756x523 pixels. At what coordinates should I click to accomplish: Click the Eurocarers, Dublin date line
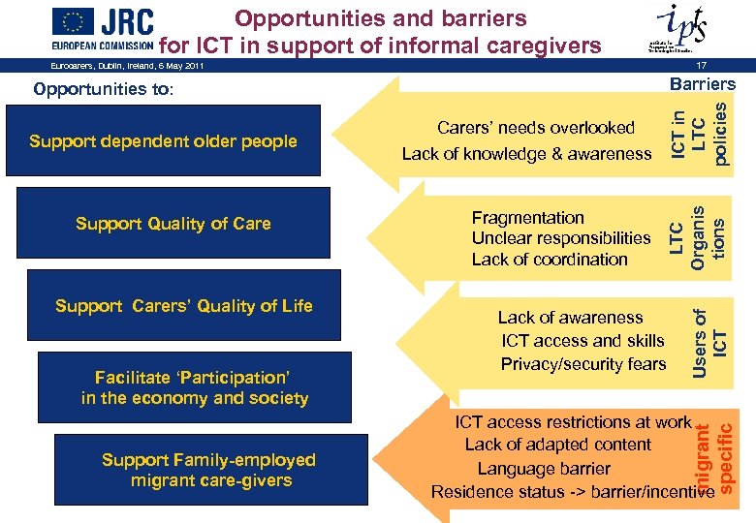pyautogui.click(x=127, y=66)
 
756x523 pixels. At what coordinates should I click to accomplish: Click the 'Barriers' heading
pyautogui.click(x=703, y=84)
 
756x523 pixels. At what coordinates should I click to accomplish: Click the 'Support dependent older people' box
pyautogui.click(x=163, y=141)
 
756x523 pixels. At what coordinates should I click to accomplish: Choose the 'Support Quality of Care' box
pyautogui.click(x=173, y=224)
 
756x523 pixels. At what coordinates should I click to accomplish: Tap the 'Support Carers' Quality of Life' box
pyautogui.click(x=184, y=306)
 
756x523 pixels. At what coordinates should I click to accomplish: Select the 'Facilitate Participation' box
pyautogui.click(x=194, y=387)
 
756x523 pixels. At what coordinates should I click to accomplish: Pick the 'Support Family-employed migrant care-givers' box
pyautogui.click(x=208, y=470)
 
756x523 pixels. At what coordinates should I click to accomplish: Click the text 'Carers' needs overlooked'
pyautogui.click(x=536, y=128)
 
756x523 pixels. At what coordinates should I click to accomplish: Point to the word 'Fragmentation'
pyautogui.click(x=527, y=218)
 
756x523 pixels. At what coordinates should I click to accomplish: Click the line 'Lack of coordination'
pyautogui.click(x=550, y=260)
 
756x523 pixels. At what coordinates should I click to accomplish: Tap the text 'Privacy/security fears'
pyautogui.click(x=583, y=364)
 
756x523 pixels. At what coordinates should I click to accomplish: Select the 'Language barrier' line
pyautogui.click(x=544, y=469)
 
